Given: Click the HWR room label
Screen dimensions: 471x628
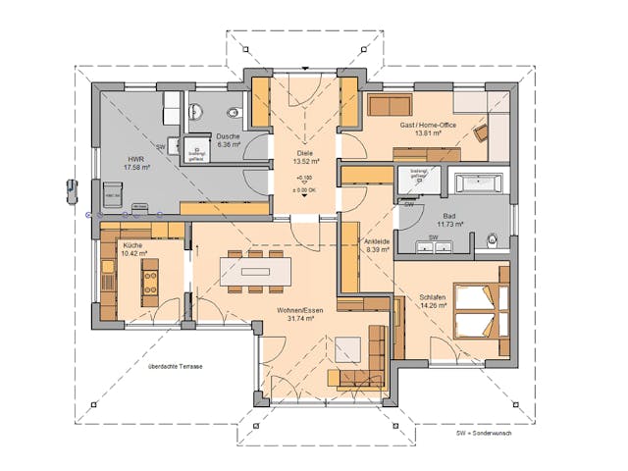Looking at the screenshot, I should click(133, 164).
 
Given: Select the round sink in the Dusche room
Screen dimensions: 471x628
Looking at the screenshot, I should click(195, 110).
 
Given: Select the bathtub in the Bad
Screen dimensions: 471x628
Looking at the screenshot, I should click(476, 183).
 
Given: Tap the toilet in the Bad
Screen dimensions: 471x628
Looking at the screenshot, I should click(493, 238).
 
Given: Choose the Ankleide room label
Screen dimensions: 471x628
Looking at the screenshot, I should click(377, 246).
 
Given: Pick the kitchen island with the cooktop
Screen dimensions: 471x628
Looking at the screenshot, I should click(151, 282).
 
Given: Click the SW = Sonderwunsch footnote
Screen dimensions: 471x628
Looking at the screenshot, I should click(482, 432).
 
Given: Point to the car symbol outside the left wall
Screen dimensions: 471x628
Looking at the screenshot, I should click(71, 188).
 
